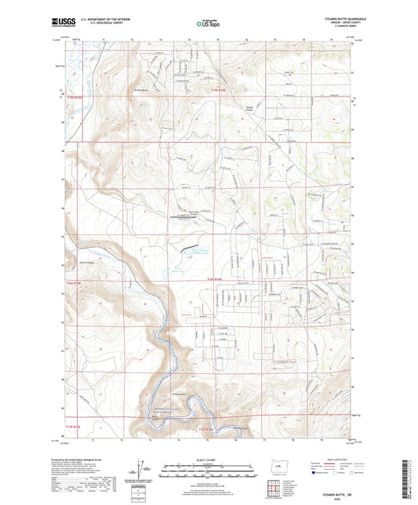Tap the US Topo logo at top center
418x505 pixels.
pos(206,24)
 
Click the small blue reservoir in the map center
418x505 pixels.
pos(187,250)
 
